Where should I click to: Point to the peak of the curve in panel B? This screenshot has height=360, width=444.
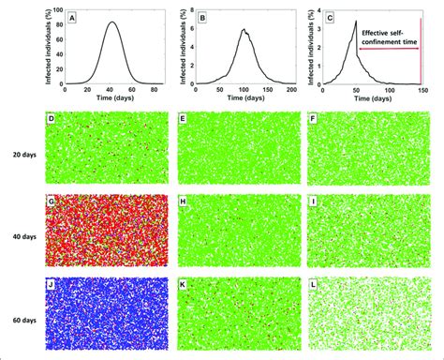click(243, 29)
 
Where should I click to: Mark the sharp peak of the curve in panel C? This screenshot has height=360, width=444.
click(357, 22)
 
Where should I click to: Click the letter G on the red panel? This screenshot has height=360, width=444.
click(51, 198)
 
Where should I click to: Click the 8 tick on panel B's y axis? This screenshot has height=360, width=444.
click(186, 11)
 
